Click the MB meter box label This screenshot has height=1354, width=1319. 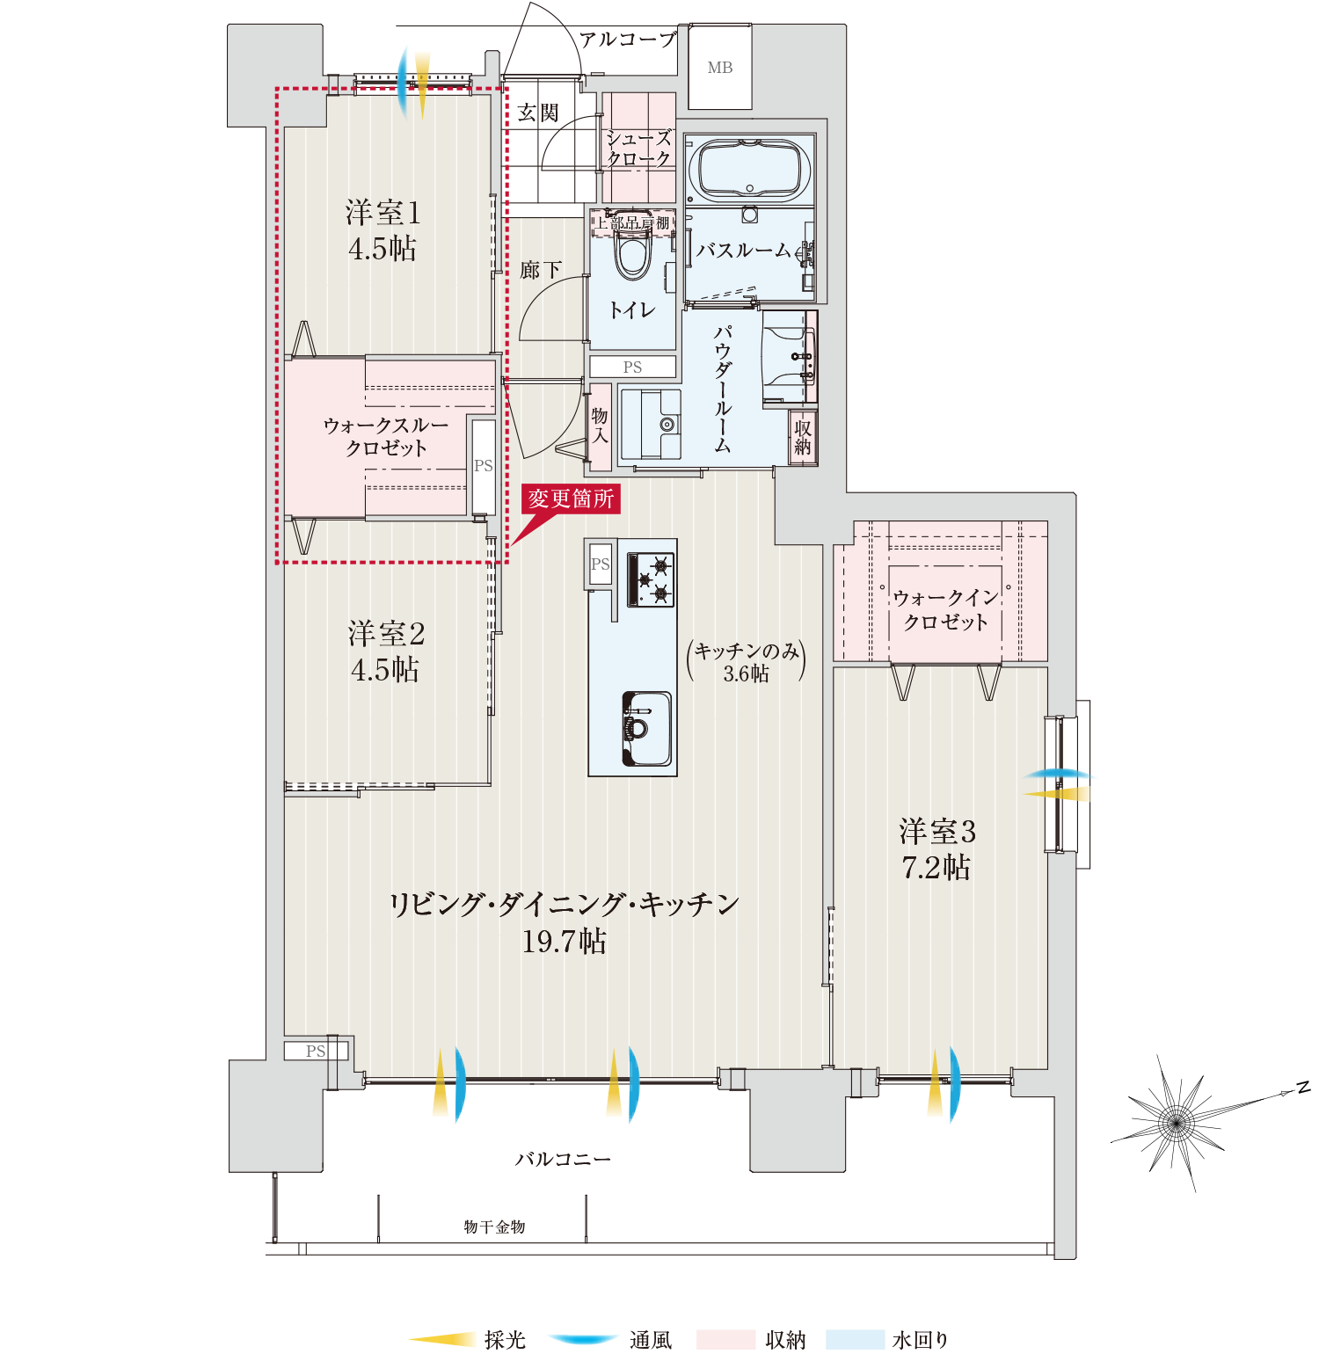pyautogui.click(x=719, y=68)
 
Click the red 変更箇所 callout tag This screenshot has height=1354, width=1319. pyautogui.click(x=571, y=499)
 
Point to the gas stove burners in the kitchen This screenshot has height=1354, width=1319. pyautogui.click(x=651, y=580)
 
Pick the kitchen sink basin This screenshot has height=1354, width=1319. pyautogui.click(x=648, y=728)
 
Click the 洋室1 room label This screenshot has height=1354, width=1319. pyautogui.click(x=383, y=213)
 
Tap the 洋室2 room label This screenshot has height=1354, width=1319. pyautogui.click(x=386, y=633)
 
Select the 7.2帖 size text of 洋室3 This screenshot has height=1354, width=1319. pyautogui.click(x=936, y=868)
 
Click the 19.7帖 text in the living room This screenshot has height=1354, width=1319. pyautogui.click(x=564, y=942)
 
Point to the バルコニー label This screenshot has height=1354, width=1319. pyautogui.click(x=563, y=1160)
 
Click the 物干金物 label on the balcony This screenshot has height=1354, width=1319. pyautogui.click(x=494, y=1227)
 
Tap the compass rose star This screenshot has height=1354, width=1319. pyautogui.click(x=1177, y=1121)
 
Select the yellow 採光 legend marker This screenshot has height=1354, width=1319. pyautogui.click(x=441, y=1340)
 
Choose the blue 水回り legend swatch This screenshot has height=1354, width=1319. pyautogui.click(x=855, y=1340)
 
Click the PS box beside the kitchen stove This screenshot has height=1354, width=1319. pyautogui.click(x=600, y=564)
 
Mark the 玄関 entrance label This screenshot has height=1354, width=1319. pyautogui.click(x=538, y=113)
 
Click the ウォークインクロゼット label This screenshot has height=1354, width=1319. pyautogui.click(x=946, y=609)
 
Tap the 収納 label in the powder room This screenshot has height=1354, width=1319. pyautogui.click(x=803, y=437)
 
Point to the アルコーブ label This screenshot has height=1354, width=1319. pyautogui.click(x=628, y=40)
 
